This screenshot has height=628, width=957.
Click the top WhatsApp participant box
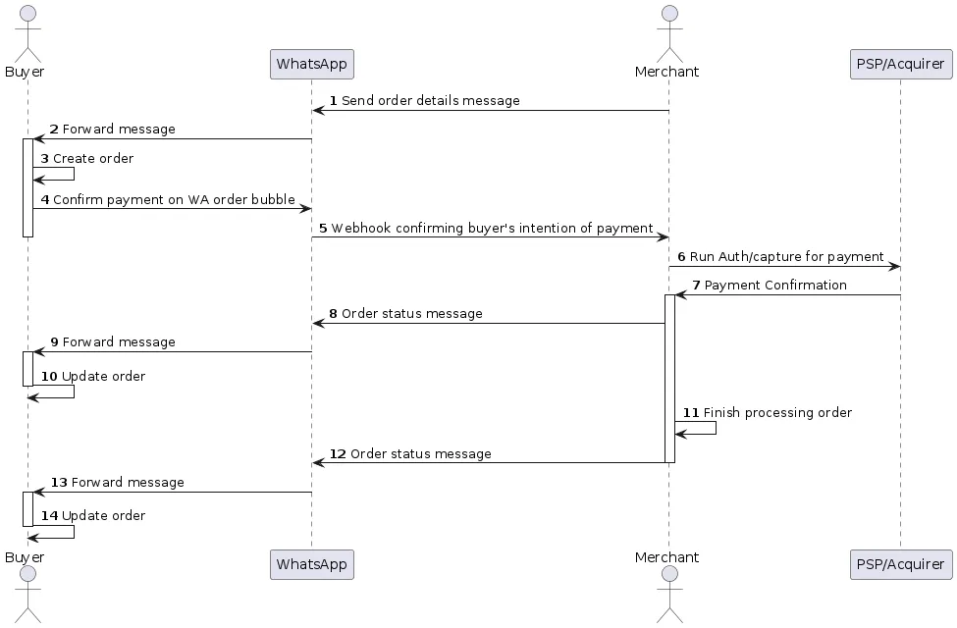tap(311, 65)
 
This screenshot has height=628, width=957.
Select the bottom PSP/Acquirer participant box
tap(899, 564)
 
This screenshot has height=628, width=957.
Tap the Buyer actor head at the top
tap(27, 13)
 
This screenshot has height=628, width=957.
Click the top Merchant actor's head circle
tap(668, 13)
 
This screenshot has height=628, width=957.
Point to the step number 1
tap(334, 101)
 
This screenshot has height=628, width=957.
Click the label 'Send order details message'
tap(431, 101)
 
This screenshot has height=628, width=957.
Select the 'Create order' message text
tap(93, 158)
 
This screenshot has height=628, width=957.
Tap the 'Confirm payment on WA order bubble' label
tap(174, 199)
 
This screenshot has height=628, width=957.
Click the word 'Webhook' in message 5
tap(357, 229)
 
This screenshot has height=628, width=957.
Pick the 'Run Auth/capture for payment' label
tap(786, 257)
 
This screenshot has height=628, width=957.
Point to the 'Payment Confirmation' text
tap(775, 286)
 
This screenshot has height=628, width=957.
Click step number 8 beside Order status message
tap(334, 314)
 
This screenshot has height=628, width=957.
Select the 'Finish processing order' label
tap(777, 413)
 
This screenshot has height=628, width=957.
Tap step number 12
tap(338, 454)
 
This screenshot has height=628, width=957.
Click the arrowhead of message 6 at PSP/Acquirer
tap(894, 266)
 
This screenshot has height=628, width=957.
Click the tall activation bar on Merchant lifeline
tap(669, 378)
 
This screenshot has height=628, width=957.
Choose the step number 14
tap(49, 515)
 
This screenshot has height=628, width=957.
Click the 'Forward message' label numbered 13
tap(128, 483)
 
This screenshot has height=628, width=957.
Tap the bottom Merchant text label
tap(667, 557)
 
